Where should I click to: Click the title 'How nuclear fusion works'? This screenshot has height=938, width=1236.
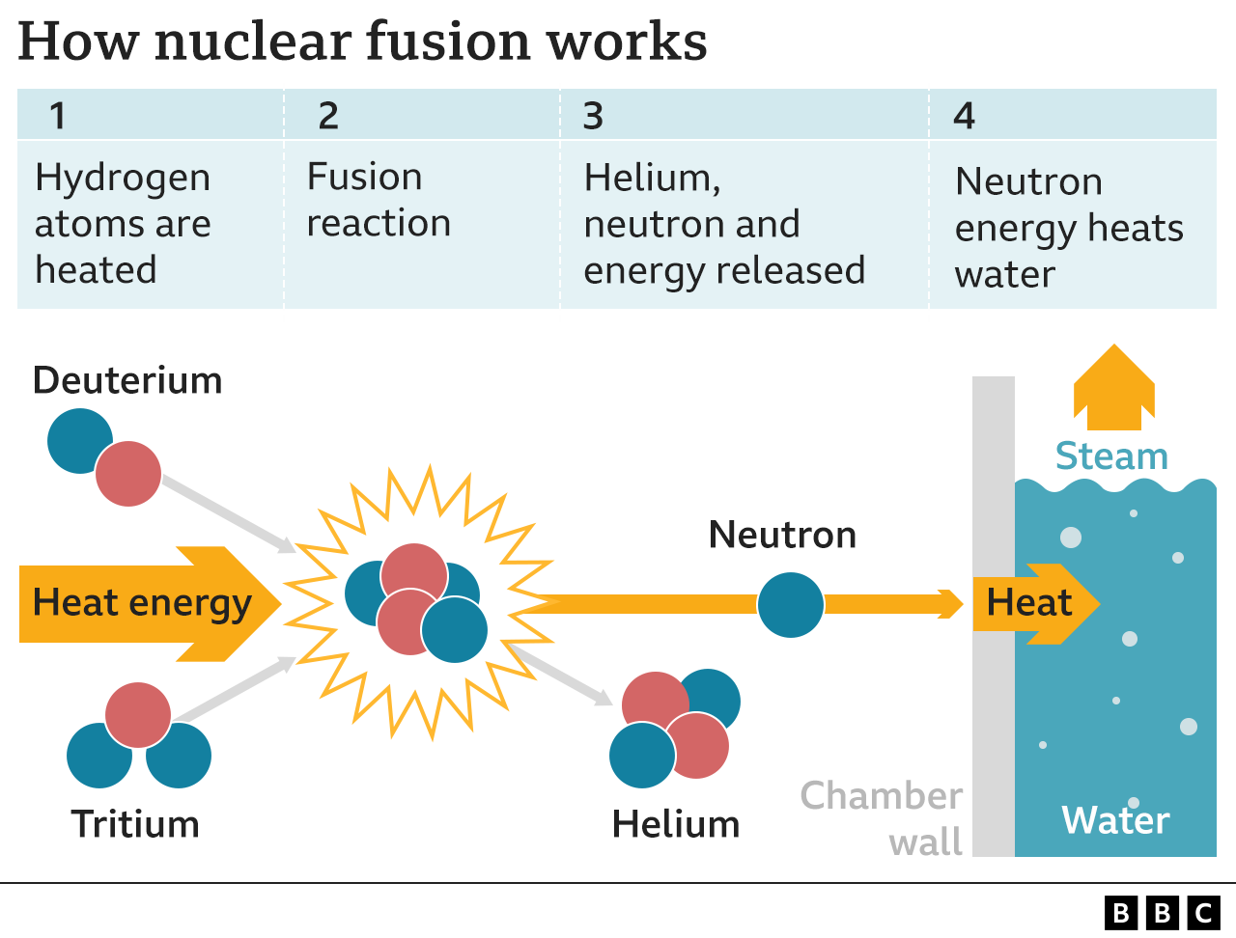362,42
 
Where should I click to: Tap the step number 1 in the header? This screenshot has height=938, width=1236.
58,116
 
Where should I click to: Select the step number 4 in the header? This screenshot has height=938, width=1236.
964,116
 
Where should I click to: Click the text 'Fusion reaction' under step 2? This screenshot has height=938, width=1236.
378,200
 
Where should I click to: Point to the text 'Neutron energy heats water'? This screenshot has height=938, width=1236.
1068,228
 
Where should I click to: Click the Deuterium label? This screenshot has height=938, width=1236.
127,380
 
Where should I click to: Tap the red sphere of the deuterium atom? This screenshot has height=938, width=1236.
128,474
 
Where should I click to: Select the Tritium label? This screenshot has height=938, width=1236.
135,824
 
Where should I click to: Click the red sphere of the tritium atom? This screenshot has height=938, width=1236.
138,715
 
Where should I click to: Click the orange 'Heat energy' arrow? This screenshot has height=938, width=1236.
145,604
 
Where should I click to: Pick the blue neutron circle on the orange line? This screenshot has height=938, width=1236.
790,605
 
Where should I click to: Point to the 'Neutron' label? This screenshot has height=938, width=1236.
782,535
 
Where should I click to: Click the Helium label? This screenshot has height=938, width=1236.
676,824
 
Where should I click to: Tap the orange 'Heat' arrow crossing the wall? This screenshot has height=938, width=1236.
1033,604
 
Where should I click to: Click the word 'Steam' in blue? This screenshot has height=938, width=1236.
1111,455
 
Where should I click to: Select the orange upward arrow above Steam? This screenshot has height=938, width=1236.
1114,391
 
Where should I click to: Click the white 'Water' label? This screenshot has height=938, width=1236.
1115,820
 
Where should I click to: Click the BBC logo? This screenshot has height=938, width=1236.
1162,912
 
